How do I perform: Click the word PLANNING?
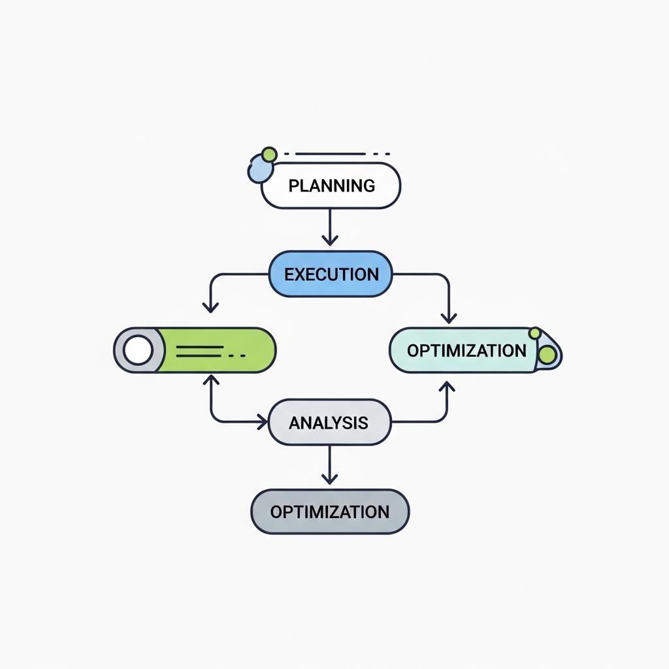click(x=331, y=186)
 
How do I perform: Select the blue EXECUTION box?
click(x=331, y=274)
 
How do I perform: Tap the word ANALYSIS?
click(x=329, y=423)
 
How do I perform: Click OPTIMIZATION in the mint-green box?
click(x=466, y=350)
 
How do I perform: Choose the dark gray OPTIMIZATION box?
click(x=330, y=512)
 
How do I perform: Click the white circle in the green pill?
click(x=138, y=351)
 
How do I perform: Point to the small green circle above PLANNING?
click(x=268, y=154)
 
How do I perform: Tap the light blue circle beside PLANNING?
click(x=258, y=171)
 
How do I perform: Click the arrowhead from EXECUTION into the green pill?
click(x=210, y=306)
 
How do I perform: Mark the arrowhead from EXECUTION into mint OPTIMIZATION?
click(x=448, y=318)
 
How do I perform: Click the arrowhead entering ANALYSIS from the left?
click(x=263, y=422)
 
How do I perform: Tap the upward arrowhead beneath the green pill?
click(x=210, y=379)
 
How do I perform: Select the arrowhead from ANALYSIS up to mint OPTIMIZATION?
click(x=448, y=386)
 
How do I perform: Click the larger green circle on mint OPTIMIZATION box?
click(x=547, y=354)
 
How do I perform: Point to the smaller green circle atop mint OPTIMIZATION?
click(x=535, y=333)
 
